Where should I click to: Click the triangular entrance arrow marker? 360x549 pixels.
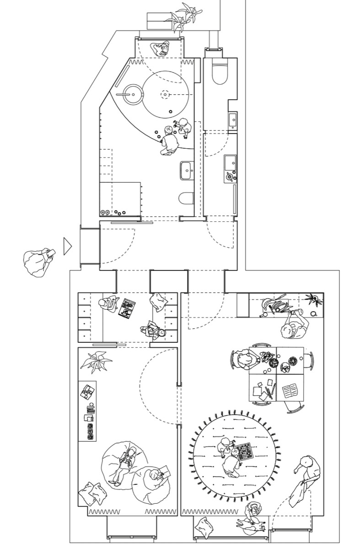pos(68,246)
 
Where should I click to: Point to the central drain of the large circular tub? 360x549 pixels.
pos(164,95)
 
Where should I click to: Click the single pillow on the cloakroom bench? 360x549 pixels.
pos(160,301)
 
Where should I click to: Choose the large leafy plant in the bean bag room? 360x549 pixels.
pos(96,360)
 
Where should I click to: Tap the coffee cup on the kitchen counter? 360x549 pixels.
pos(314,313)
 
